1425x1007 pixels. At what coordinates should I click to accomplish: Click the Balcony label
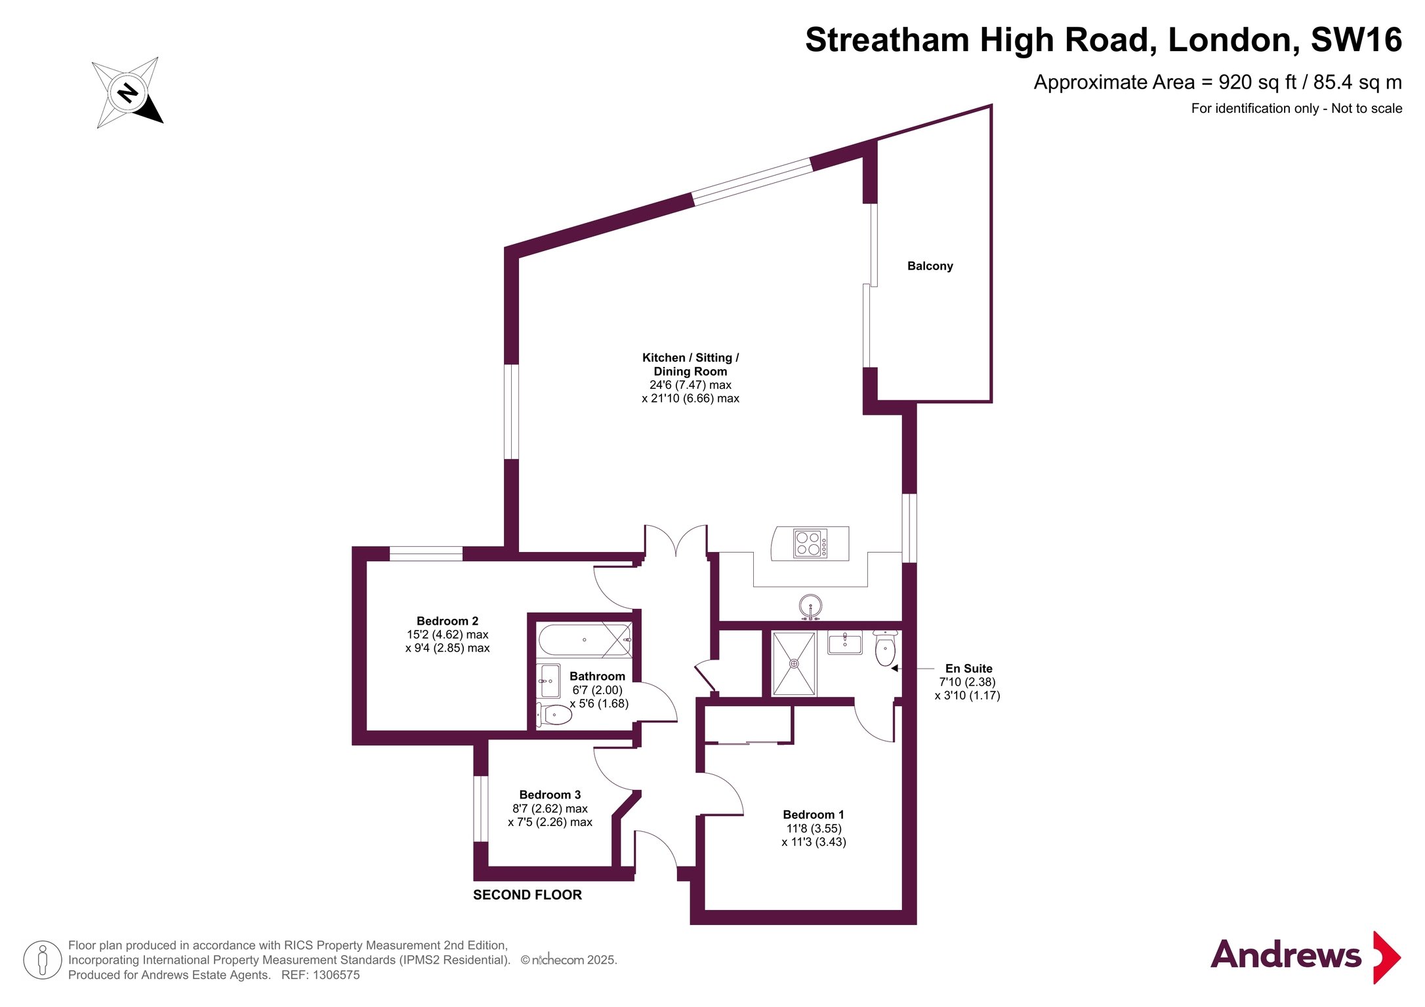coord(930,266)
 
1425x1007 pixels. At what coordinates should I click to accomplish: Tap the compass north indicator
coord(127,92)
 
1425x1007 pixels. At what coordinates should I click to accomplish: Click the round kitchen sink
coord(811,606)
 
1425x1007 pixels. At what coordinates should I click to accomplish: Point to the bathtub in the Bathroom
coord(585,640)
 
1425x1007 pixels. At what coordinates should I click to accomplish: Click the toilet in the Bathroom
coord(554,715)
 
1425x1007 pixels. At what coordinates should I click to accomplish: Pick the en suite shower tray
coord(794,663)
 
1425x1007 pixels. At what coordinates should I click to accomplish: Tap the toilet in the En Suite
coord(885,648)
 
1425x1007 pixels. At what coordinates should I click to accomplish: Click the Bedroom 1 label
coord(814,814)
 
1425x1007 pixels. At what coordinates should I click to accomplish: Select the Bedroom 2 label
coord(447,621)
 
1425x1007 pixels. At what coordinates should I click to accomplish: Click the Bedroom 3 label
coord(550,795)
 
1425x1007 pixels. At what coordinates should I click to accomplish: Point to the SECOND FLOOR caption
coord(527,895)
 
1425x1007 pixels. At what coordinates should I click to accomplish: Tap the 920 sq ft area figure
coord(1258,83)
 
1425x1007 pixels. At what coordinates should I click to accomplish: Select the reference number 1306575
coord(336,975)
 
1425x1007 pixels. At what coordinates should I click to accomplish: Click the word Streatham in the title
coord(887,40)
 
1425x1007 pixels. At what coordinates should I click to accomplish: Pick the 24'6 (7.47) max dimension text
coord(690,385)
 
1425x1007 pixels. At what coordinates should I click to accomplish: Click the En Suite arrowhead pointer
coord(894,669)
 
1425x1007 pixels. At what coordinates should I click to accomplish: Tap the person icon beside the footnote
coord(43,960)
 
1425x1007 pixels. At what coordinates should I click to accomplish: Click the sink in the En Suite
coord(844,642)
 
